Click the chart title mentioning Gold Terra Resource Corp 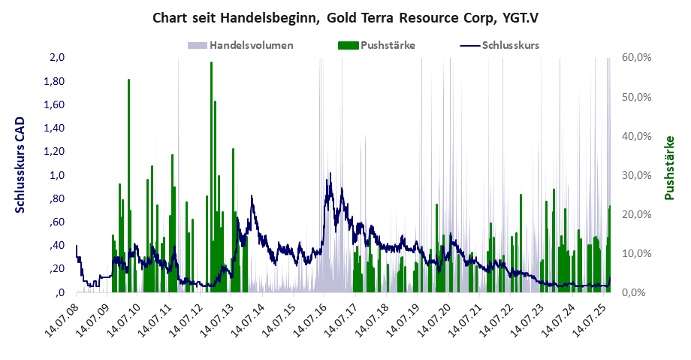(345, 17)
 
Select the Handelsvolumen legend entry (252, 45)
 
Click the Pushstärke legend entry (388, 45)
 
